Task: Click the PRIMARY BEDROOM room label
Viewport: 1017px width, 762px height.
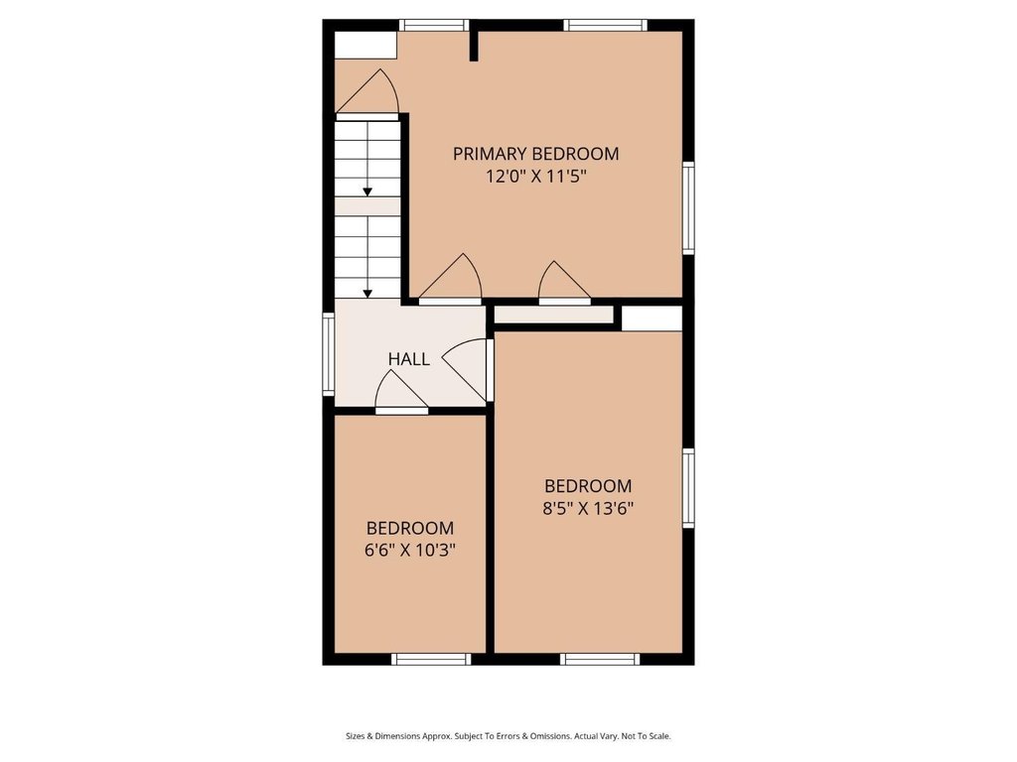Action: (535, 154)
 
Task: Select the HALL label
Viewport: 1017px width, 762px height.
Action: (408, 359)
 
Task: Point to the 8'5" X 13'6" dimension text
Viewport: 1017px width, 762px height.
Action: (588, 508)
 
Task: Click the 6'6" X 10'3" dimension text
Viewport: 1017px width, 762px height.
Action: (410, 550)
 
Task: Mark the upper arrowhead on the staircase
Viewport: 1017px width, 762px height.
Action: (367, 191)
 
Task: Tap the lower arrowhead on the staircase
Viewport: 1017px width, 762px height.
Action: (367, 294)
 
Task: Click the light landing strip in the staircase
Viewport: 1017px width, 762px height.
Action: (367, 206)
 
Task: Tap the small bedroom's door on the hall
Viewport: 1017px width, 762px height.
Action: (401, 395)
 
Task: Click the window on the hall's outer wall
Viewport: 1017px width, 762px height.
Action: (329, 354)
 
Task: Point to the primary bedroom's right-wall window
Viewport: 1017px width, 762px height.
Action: (688, 208)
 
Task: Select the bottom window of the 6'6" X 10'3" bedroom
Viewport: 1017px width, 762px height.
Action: (431, 659)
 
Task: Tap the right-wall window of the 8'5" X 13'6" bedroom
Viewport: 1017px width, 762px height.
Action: (688, 488)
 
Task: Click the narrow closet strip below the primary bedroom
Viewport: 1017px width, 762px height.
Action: (554, 315)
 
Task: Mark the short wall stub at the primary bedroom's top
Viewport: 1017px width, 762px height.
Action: (474, 43)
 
